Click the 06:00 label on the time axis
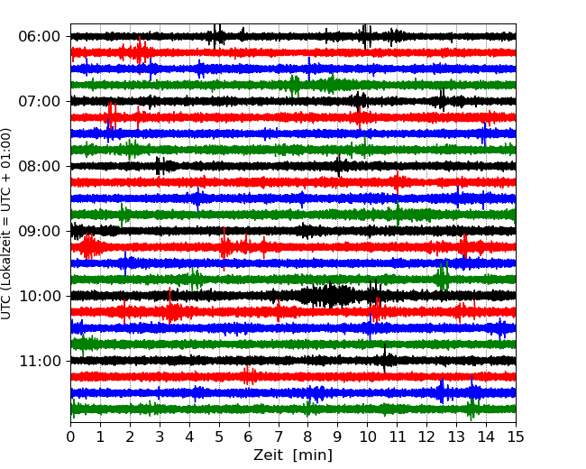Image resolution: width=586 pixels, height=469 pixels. click(39, 37)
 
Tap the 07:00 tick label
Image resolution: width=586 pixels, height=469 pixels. click(39, 101)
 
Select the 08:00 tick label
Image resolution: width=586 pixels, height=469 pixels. click(39, 166)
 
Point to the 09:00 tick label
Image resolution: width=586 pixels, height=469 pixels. click(39, 231)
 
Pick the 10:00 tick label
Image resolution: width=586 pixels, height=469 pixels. click(39, 296)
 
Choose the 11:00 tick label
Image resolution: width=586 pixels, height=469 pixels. click(39, 361)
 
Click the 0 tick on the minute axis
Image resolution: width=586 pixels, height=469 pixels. click(70, 437)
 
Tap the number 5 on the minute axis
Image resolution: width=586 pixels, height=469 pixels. click(219, 437)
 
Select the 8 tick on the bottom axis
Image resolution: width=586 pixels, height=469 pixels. click(308, 437)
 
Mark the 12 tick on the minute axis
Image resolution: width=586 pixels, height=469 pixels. click(426, 437)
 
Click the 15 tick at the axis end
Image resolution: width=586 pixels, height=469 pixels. click(516, 437)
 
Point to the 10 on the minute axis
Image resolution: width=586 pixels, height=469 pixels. click(367, 437)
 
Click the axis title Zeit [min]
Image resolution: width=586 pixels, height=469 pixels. click(293, 455)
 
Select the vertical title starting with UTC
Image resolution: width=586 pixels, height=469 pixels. click(6, 224)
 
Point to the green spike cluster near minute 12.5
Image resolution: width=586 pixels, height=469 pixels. click(443, 276)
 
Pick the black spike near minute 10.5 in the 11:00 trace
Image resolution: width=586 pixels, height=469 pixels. click(385, 358)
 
